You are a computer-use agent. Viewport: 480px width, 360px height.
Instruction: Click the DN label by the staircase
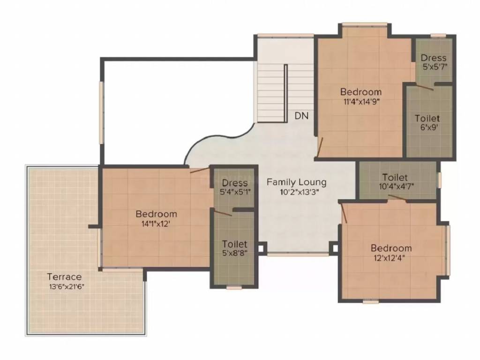click(x=301, y=116)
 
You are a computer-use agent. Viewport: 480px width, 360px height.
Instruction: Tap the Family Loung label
click(x=296, y=182)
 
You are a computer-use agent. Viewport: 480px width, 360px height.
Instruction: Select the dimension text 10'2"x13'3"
click(x=300, y=192)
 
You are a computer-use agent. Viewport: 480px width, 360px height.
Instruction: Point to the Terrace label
click(x=65, y=277)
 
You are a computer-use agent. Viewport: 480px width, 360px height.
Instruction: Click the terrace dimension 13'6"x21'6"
click(x=67, y=287)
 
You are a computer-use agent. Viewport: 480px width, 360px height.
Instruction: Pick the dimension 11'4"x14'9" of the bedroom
click(x=361, y=102)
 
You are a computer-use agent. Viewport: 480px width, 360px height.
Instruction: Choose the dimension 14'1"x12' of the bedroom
click(x=156, y=224)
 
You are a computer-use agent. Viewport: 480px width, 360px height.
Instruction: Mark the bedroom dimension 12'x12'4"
click(x=389, y=258)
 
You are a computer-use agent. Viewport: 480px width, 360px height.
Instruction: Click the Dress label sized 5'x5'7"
click(x=433, y=58)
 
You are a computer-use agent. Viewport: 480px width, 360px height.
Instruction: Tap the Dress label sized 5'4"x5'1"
click(x=234, y=183)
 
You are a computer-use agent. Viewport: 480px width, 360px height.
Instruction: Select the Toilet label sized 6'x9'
click(x=427, y=118)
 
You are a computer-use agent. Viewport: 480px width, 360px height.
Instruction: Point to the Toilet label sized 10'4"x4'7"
click(x=395, y=177)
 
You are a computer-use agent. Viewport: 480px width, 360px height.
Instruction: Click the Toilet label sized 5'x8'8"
click(x=234, y=244)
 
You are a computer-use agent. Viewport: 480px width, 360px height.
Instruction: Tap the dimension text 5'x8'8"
click(x=234, y=253)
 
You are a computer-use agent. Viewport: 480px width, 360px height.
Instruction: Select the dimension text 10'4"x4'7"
click(x=397, y=187)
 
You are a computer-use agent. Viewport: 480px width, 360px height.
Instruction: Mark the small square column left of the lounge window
click(x=262, y=248)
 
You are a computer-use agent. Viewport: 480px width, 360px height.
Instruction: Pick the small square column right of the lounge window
click(x=334, y=248)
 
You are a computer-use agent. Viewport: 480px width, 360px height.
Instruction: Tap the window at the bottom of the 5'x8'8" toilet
click(x=234, y=287)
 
